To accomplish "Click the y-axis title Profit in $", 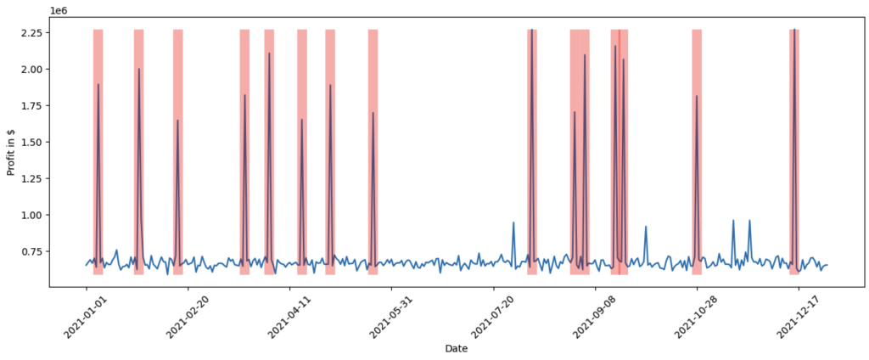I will pos(12,149).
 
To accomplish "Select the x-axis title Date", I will pos(456,348).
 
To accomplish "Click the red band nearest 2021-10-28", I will pos(697,153).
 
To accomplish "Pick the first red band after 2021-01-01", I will pos(98,153).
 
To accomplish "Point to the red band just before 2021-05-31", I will pos(373,153).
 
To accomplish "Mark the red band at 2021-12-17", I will pos(794,153).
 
